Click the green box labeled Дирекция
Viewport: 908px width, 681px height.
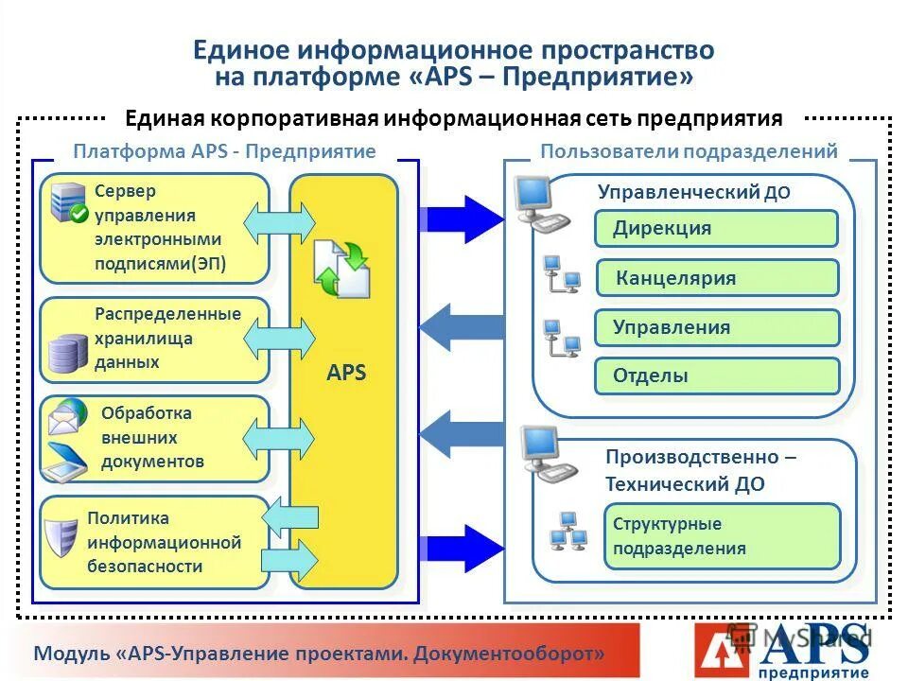tap(716, 228)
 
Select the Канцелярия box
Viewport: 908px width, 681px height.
tap(716, 278)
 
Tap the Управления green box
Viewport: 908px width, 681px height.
tap(716, 327)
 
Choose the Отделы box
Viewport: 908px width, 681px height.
tap(716, 375)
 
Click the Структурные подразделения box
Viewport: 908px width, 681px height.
tap(722, 536)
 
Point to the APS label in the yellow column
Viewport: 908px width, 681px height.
tap(346, 373)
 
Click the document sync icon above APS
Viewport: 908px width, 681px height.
tap(341, 269)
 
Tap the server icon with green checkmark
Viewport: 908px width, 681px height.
tap(69, 203)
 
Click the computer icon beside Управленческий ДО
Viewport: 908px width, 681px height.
tap(540, 203)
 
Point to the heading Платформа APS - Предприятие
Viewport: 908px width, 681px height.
tap(224, 151)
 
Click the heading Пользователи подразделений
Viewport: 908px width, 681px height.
tap(689, 151)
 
